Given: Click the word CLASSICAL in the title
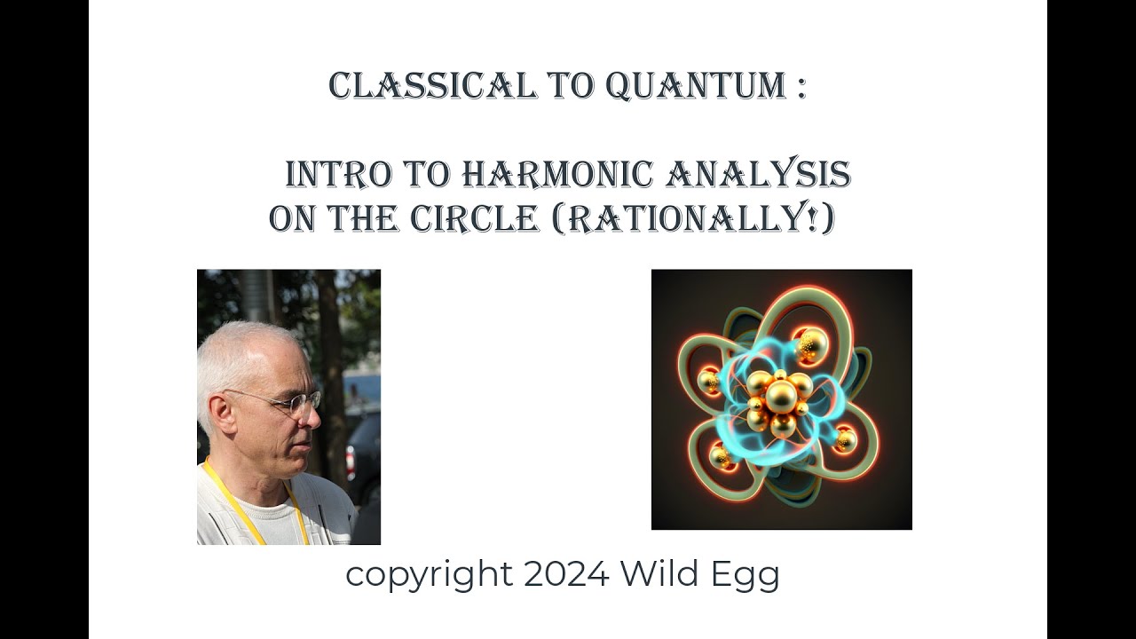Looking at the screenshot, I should tap(431, 86).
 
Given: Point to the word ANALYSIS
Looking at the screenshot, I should tap(758, 175).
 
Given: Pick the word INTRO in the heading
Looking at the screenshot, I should tap(337, 175).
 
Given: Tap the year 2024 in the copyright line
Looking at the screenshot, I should tap(566, 574).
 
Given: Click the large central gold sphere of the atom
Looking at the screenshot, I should tap(780, 396).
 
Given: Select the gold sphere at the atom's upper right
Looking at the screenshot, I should tap(809, 343).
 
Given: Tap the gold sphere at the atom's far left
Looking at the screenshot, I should tap(709, 382).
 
